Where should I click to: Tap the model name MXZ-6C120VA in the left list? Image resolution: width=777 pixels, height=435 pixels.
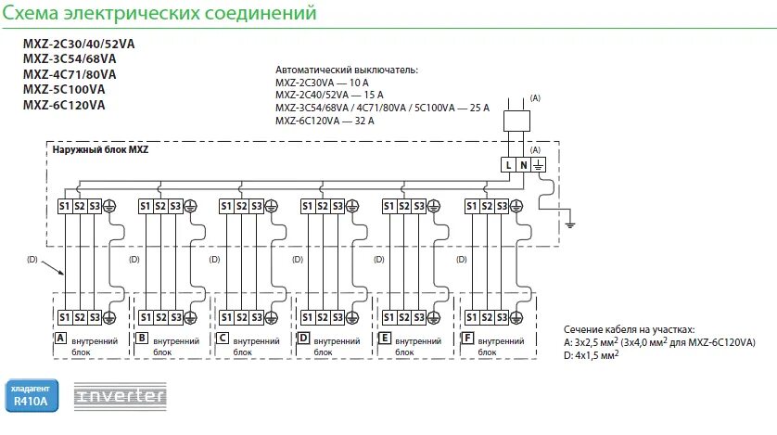(64, 105)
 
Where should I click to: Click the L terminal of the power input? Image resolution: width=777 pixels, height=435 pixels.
(508, 164)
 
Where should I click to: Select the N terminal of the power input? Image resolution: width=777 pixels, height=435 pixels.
(523, 164)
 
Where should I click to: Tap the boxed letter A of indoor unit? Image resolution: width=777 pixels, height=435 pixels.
(61, 338)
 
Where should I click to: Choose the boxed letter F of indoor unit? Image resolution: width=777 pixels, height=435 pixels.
(467, 338)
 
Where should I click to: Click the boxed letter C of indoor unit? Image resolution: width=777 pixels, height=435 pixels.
(223, 338)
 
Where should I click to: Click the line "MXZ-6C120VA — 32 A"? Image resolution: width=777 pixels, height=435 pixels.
(325, 120)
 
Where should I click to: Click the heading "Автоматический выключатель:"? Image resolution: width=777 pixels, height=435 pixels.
(347, 70)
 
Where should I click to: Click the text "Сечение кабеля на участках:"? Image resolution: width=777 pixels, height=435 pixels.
(628, 329)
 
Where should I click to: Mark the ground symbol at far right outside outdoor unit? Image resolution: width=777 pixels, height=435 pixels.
(572, 224)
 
